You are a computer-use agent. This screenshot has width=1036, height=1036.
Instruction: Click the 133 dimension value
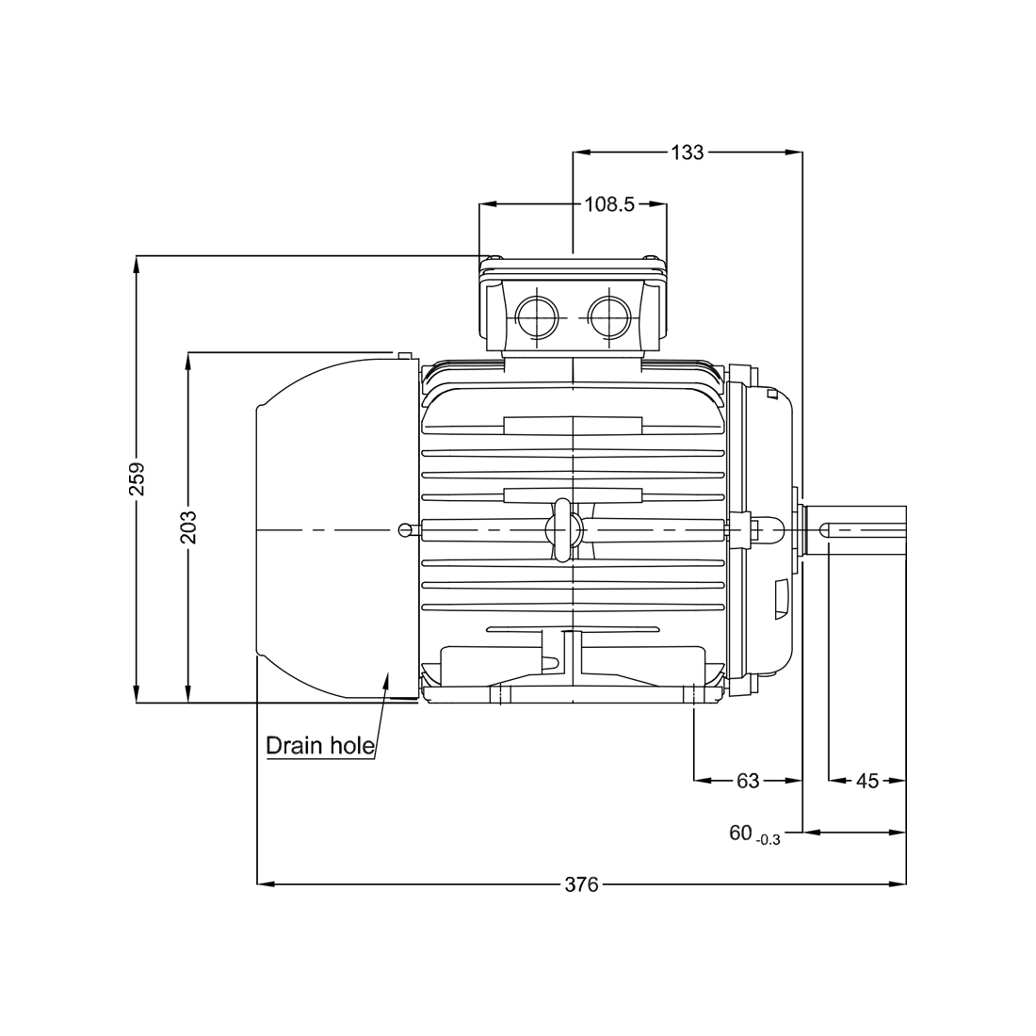click(x=688, y=153)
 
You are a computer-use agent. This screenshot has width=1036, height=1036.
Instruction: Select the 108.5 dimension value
click(x=609, y=204)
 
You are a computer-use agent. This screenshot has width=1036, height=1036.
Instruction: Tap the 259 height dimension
click(x=137, y=478)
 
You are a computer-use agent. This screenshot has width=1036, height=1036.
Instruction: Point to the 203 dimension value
click(x=189, y=526)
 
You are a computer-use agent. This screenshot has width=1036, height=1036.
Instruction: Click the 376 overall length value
click(x=581, y=884)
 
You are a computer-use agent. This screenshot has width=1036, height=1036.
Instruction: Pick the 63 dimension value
click(x=748, y=781)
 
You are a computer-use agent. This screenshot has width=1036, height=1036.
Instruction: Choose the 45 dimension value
click(x=867, y=781)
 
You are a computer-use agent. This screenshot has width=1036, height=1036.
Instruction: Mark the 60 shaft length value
click(x=740, y=834)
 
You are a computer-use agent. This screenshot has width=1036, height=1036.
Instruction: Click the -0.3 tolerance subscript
click(x=768, y=840)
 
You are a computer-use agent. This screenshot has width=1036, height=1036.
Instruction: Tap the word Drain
click(x=296, y=746)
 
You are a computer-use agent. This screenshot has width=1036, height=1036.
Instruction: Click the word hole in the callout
click(x=352, y=746)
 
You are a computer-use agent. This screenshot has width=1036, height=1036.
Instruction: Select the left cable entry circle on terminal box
click(x=536, y=316)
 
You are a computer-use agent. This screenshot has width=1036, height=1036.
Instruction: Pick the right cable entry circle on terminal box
click(x=607, y=316)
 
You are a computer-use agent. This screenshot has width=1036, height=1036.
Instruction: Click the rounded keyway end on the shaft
click(x=825, y=530)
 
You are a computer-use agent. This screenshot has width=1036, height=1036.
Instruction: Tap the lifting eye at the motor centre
click(x=562, y=530)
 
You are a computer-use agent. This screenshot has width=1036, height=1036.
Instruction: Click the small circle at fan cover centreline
click(x=404, y=529)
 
